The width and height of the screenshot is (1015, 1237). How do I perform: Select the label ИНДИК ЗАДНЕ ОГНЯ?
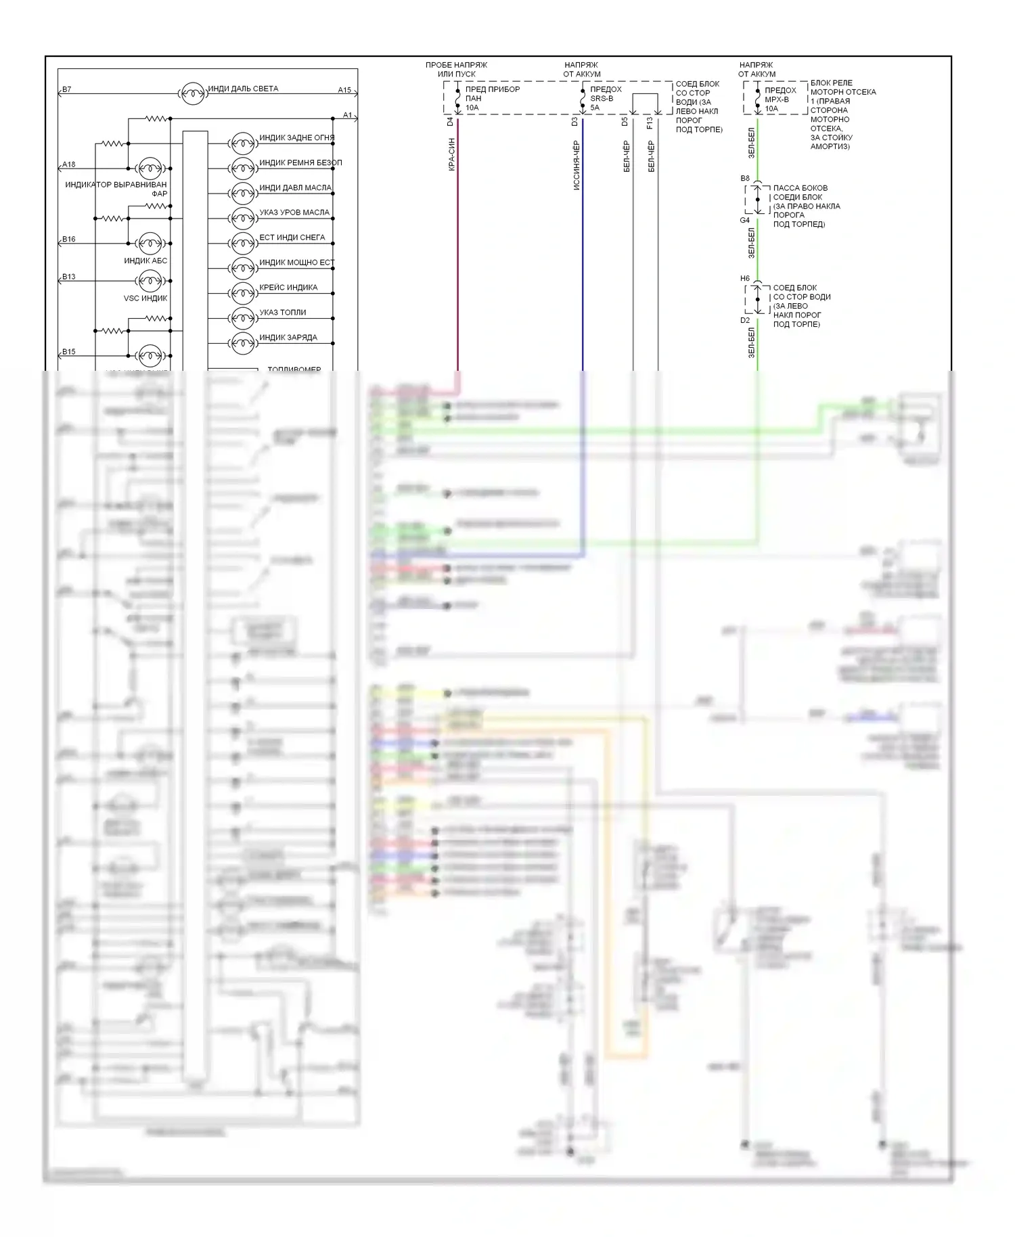296,138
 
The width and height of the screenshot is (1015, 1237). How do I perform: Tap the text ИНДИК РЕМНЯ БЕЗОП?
300,163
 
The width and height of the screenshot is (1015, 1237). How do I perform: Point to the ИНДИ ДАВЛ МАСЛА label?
295,188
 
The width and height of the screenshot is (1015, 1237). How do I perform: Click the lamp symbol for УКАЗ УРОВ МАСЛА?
242,218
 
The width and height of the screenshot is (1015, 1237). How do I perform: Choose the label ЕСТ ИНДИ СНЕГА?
292,238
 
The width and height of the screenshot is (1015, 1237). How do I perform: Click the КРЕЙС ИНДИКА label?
288,288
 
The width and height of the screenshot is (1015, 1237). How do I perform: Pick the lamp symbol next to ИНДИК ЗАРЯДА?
242,343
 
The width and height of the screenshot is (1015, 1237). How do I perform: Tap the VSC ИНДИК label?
145,298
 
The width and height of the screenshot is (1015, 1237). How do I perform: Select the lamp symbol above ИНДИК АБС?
149,243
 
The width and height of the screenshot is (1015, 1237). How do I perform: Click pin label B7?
66,89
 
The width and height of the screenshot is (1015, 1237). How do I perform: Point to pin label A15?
344,90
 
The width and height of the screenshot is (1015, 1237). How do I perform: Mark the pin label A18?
68,164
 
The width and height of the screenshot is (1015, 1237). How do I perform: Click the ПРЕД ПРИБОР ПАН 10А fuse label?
492,98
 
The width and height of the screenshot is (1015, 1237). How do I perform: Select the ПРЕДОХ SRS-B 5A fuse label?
605,98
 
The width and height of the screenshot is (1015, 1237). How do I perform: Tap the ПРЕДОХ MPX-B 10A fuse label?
780,99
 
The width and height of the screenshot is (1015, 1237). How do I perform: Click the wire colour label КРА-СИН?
451,154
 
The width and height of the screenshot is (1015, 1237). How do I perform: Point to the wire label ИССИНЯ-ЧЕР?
577,165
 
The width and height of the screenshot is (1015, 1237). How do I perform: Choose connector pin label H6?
744,279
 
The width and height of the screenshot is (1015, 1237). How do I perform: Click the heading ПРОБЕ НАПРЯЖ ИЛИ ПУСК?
456,70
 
